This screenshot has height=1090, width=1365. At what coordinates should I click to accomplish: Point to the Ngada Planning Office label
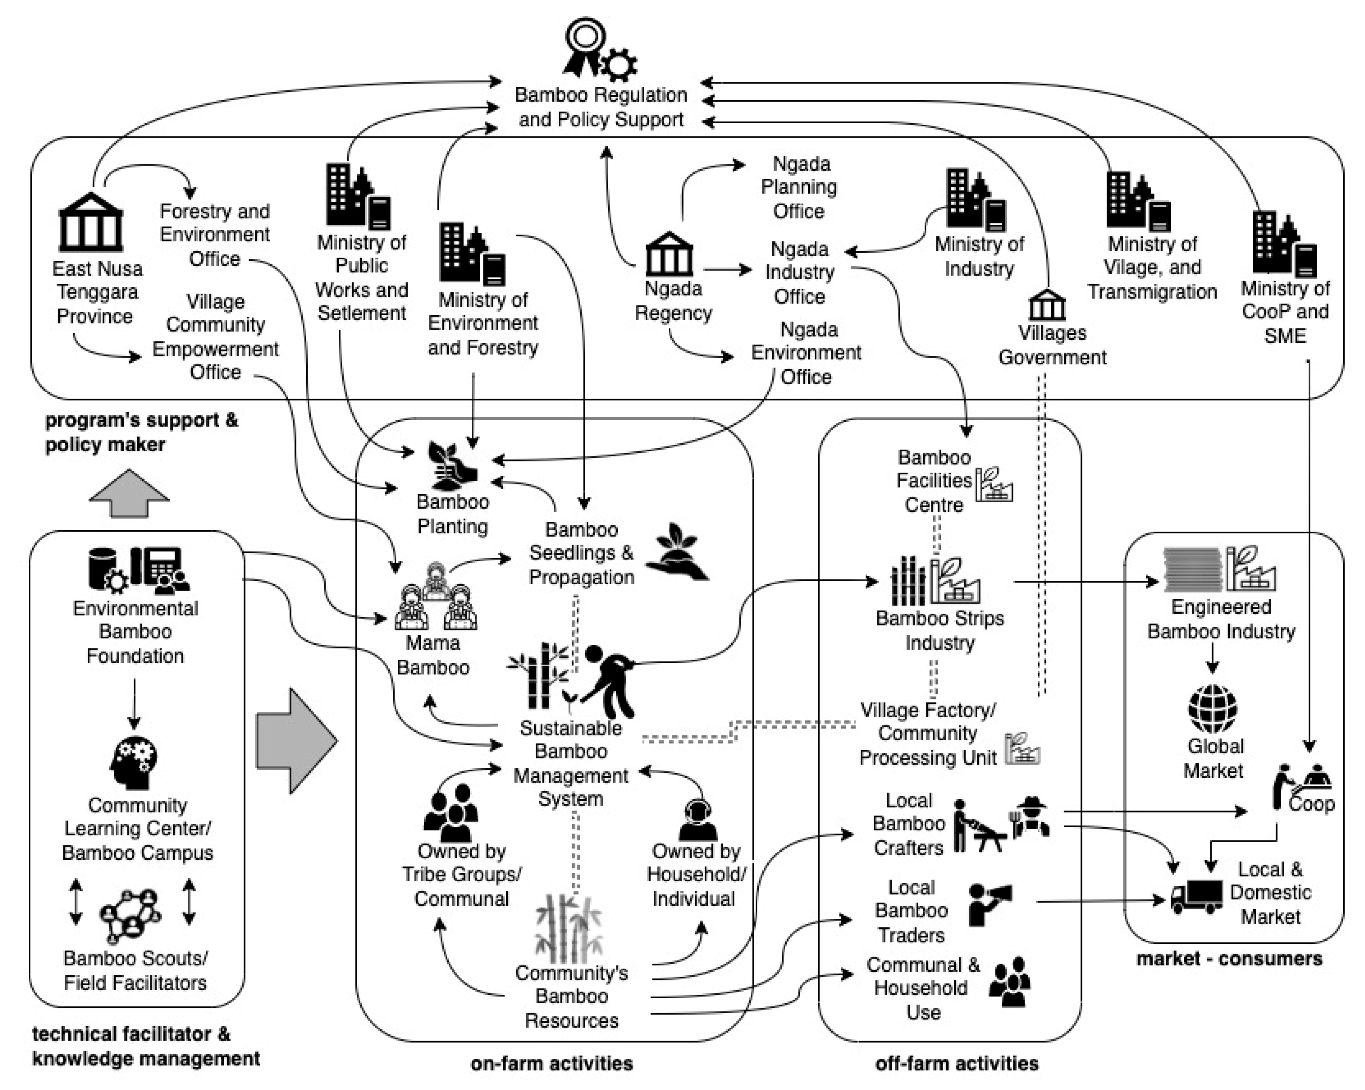[799, 187]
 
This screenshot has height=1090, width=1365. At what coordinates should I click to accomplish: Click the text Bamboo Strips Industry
[940, 630]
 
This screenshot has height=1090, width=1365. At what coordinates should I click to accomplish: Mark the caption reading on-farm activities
[551, 1064]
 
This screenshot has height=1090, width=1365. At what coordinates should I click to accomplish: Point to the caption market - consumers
[1229, 958]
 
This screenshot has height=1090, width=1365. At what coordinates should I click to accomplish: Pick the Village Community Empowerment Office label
[215, 336]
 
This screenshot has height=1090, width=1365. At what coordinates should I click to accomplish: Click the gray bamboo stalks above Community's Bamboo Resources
[568, 928]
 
